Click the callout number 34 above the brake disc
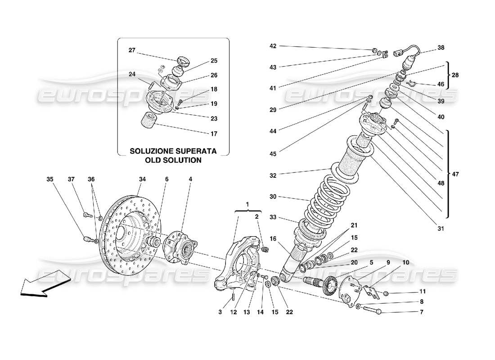142,180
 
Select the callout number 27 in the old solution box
131,51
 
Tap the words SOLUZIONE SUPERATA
173,152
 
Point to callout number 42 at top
273,46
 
